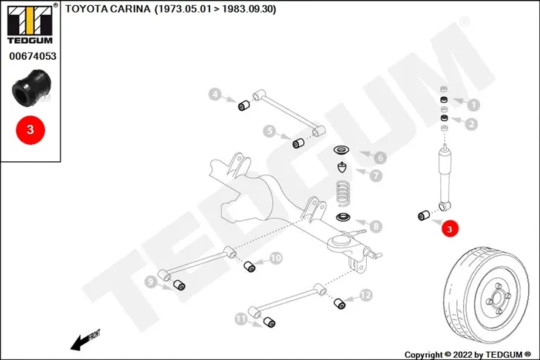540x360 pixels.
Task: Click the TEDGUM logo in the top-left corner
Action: pyautogui.click(x=30, y=24)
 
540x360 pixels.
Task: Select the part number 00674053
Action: pyautogui.click(x=33, y=56)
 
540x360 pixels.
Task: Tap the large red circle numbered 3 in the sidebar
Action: pyautogui.click(x=30, y=130)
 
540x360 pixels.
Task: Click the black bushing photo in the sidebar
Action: pyautogui.click(x=31, y=88)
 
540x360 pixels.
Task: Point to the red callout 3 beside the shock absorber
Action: pyautogui.click(x=450, y=228)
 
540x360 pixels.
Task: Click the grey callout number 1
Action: pyautogui.click(x=473, y=105)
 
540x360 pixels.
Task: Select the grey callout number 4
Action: pyautogui.click(x=215, y=94)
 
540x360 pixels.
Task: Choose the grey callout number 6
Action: pyautogui.click(x=380, y=157)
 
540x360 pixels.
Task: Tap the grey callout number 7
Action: pyautogui.click(x=376, y=175)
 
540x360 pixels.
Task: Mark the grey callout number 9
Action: pyautogui.click(x=150, y=282)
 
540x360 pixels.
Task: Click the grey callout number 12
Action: pyautogui.click(x=365, y=295)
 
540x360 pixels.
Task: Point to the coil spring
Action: pyautogui.click(x=342, y=194)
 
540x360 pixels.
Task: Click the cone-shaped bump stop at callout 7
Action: pyautogui.click(x=341, y=168)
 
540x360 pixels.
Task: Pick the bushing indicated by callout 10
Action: pyautogui.click(x=249, y=266)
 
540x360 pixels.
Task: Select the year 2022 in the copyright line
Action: pyautogui.click(x=464, y=355)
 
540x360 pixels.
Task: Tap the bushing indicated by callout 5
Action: pyautogui.click(x=298, y=143)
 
